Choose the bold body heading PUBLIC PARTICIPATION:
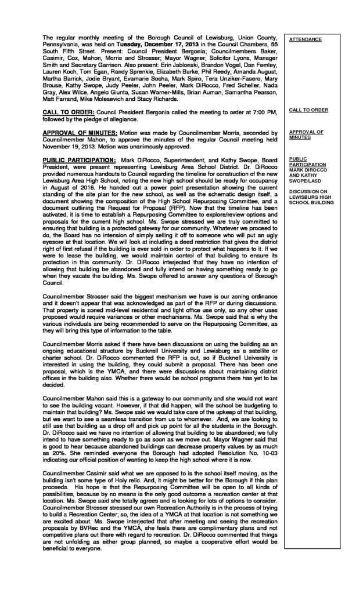pos(80,158)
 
